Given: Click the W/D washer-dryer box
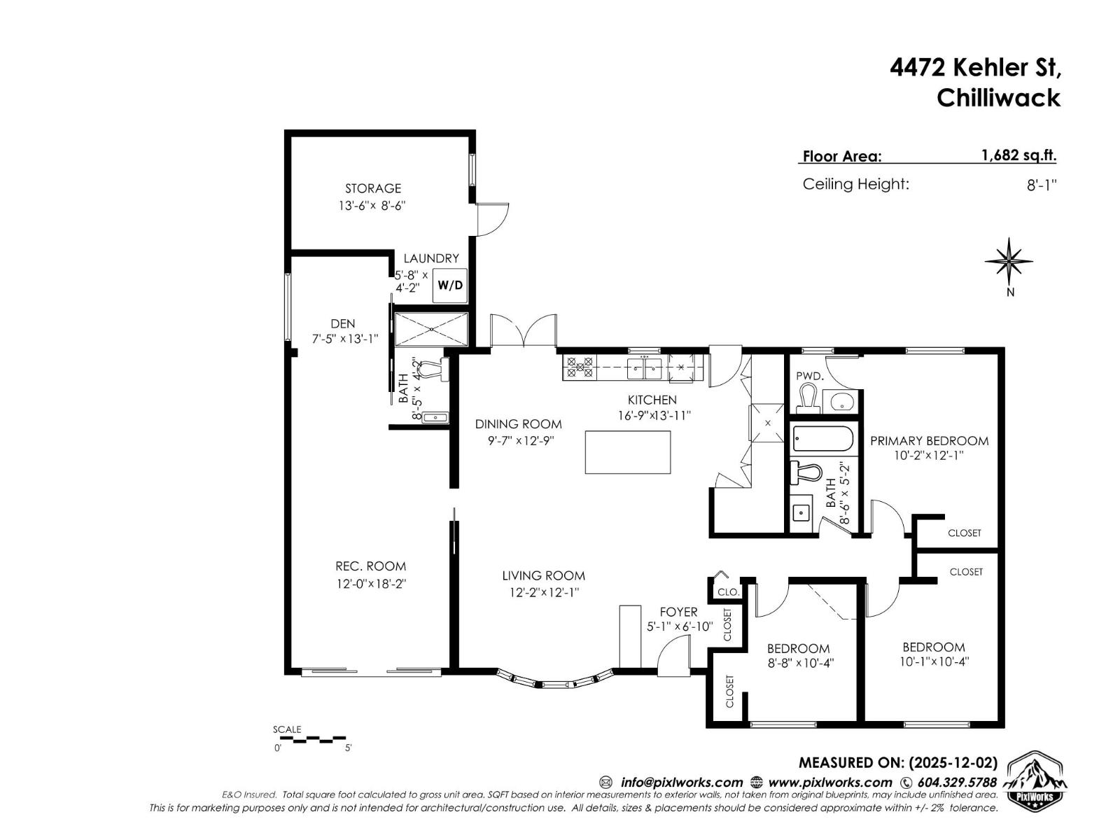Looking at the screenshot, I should pyautogui.click(x=449, y=286).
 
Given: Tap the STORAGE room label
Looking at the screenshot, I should pyautogui.click(x=373, y=188).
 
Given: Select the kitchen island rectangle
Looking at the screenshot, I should pyautogui.click(x=627, y=452).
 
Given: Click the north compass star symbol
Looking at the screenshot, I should pyautogui.click(x=1009, y=262).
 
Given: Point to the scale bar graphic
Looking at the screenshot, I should pyautogui.click(x=318, y=738).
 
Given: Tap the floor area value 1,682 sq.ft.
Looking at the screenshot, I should pyautogui.click(x=1019, y=155).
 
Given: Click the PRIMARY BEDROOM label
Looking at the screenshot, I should pyautogui.click(x=929, y=441).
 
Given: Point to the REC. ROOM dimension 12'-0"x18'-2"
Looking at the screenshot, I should pyautogui.click(x=371, y=584).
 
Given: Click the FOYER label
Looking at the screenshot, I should pyautogui.click(x=678, y=612).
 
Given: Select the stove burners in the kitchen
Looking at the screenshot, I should pyautogui.click(x=580, y=367).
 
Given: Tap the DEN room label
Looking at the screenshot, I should pyautogui.click(x=343, y=323).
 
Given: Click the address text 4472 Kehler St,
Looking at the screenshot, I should pyautogui.click(x=975, y=68).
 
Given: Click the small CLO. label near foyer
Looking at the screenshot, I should pyautogui.click(x=728, y=592).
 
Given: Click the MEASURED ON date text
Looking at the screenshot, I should pyautogui.click(x=898, y=763).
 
